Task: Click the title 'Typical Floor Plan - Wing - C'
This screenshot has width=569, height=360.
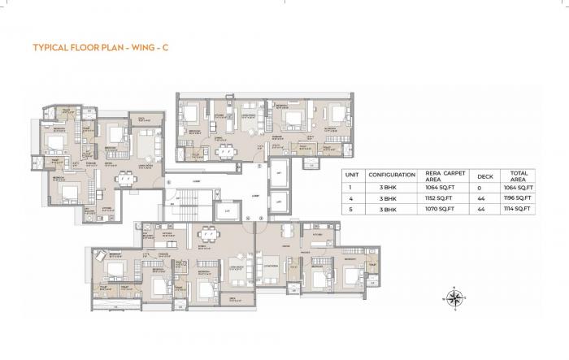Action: (x=101, y=48)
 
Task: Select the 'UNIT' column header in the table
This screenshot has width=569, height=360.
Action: (x=351, y=175)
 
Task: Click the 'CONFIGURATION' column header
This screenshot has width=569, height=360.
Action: (x=392, y=175)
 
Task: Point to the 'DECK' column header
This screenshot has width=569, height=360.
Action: (x=484, y=175)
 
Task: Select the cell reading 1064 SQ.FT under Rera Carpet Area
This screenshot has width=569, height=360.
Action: (x=443, y=187)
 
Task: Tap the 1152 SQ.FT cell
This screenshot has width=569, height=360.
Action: (x=443, y=198)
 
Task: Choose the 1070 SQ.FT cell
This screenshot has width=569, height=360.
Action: (x=443, y=209)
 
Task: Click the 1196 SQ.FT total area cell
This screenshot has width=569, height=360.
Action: (x=518, y=198)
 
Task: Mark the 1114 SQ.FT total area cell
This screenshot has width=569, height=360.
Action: (x=518, y=209)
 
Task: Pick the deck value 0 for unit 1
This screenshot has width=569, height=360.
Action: (x=484, y=187)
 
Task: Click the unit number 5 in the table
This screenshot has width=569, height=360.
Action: (x=351, y=209)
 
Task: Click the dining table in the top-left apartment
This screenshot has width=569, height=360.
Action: (x=124, y=180)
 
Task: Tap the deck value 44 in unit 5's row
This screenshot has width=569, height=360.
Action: (x=484, y=209)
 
